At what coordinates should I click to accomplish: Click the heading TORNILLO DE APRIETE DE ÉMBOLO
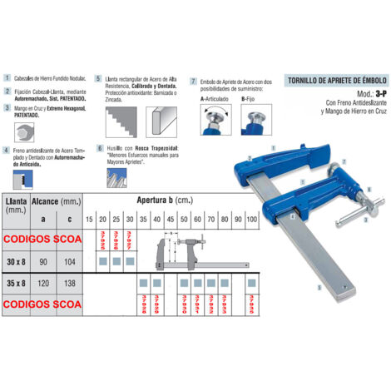tap(333, 81)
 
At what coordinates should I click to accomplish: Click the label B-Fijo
tap(251, 98)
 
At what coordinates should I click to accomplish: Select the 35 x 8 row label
tap(17, 283)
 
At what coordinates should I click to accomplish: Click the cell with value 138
tap(70, 283)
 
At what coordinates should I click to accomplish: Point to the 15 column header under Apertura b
tap(89, 219)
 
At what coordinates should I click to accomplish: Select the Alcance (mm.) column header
tap(57, 201)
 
